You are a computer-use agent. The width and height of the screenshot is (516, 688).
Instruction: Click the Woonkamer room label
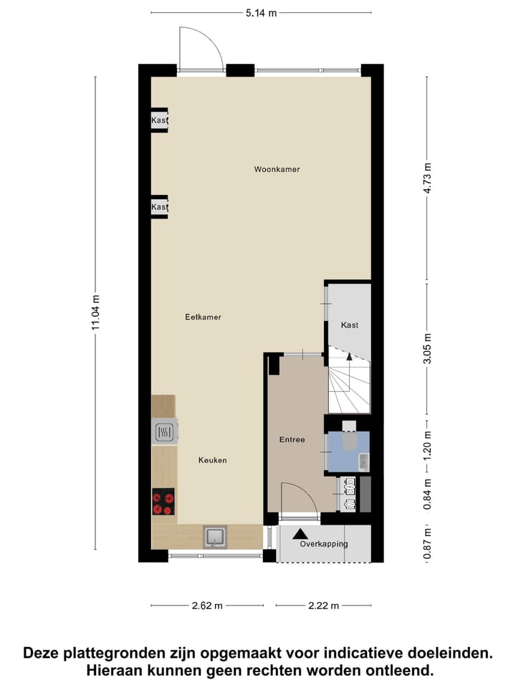pyautogui.click(x=277, y=170)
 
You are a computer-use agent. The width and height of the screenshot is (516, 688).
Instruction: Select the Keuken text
pyautogui.click(x=213, y=460)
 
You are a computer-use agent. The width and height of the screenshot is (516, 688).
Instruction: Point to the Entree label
pyautogui.click(x=292, y=439)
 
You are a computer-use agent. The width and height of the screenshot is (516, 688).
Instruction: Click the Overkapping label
pyautogui.click(x=324, y=544)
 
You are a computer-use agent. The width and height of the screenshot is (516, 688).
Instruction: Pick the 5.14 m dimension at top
pyautogui.click(x=262, y=13)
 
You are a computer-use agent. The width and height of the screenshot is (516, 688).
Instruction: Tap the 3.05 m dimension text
pyautogui.click(x=428, y=349)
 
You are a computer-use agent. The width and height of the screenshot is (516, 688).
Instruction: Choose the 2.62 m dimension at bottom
pyautogui.click(x=208, y=606)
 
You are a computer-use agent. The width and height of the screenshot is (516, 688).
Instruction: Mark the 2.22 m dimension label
pyautogui.click(x=324, y=606)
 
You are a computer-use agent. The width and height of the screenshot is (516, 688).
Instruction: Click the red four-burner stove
pyautogui.click(x=163, y=501)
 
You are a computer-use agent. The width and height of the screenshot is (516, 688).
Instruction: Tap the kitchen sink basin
pyautogui.click(x=215, y=536)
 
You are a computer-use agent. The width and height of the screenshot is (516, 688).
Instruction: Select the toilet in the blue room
pyautogui.click(x=350, y=439)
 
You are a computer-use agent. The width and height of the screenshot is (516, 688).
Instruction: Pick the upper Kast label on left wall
pyautogui.click(x=158, y=120)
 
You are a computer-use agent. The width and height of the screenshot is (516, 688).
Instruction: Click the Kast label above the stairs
pyautogui.click(x=350, y=325)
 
